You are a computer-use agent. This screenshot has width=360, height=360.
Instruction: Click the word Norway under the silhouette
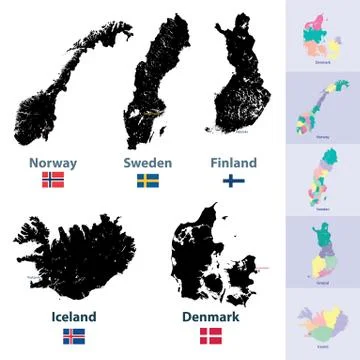(53, 163)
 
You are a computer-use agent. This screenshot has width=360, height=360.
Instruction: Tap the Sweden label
(147, 163)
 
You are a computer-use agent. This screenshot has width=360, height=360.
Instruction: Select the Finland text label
(233, 162)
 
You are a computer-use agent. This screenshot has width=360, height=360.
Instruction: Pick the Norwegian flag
(53, 181)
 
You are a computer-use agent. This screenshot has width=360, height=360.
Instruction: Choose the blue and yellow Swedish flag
(148, 181)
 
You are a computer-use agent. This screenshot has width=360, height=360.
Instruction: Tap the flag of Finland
(233, 181)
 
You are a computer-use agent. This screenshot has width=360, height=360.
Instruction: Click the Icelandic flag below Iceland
(74, 336)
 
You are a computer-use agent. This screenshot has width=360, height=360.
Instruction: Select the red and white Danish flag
(211, 336)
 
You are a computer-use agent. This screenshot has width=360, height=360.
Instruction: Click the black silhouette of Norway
(60, 95)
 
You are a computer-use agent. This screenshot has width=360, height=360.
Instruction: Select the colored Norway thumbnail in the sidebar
(322, 108)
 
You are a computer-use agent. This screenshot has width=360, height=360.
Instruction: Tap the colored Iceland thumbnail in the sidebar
(322, 326)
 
